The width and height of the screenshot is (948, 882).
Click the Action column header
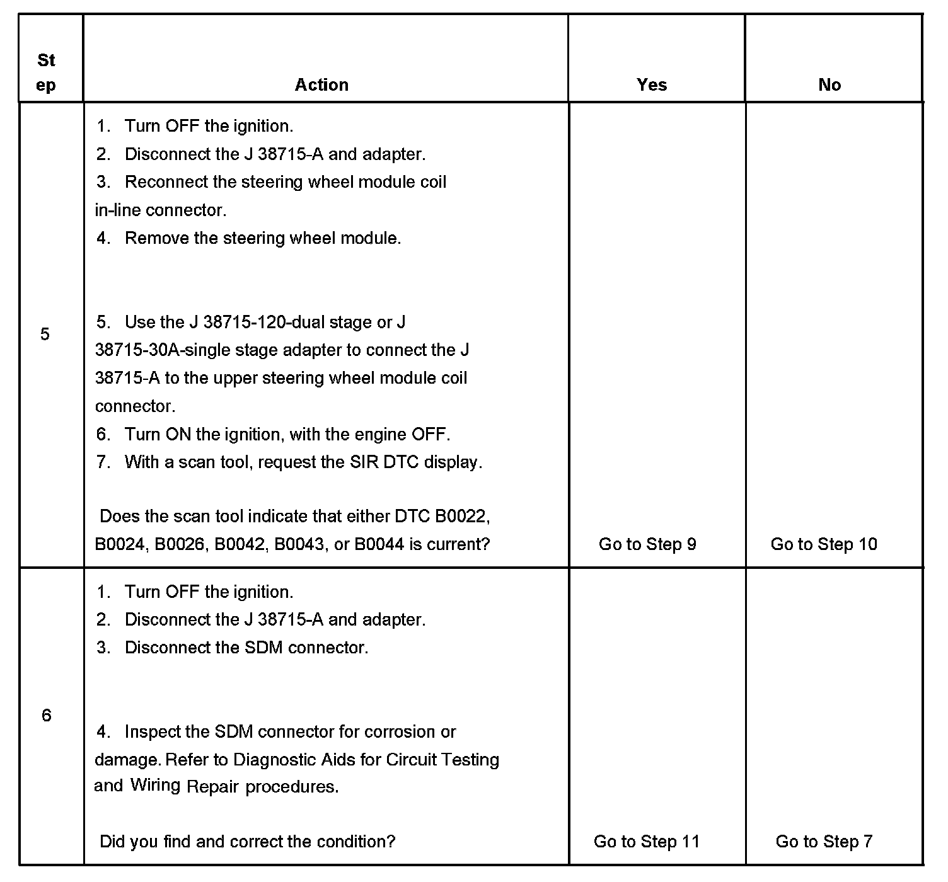(x=321, y=85)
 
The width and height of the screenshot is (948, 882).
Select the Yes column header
(x=652, y=85)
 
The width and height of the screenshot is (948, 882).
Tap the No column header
(x=829, y=85)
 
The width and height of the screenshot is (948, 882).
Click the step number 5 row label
(x=45, y=334)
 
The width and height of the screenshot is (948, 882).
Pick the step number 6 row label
(x=46, y=715)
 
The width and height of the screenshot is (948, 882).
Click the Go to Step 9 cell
(x=647, y=544)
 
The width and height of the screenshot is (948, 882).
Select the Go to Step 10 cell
(x=824, y=544)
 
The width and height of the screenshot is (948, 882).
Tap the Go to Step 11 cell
(x=647, y=842)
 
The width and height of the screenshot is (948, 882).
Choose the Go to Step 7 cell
(x=824, y=842)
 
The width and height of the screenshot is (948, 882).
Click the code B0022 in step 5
(x=461, y=517)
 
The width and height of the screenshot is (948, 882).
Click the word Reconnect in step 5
(x=166, y=182)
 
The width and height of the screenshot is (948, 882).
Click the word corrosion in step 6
(x=400, y=732)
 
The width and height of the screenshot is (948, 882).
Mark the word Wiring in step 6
(x=156, y=786)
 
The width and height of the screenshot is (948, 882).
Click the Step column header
(x=46, y=72)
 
